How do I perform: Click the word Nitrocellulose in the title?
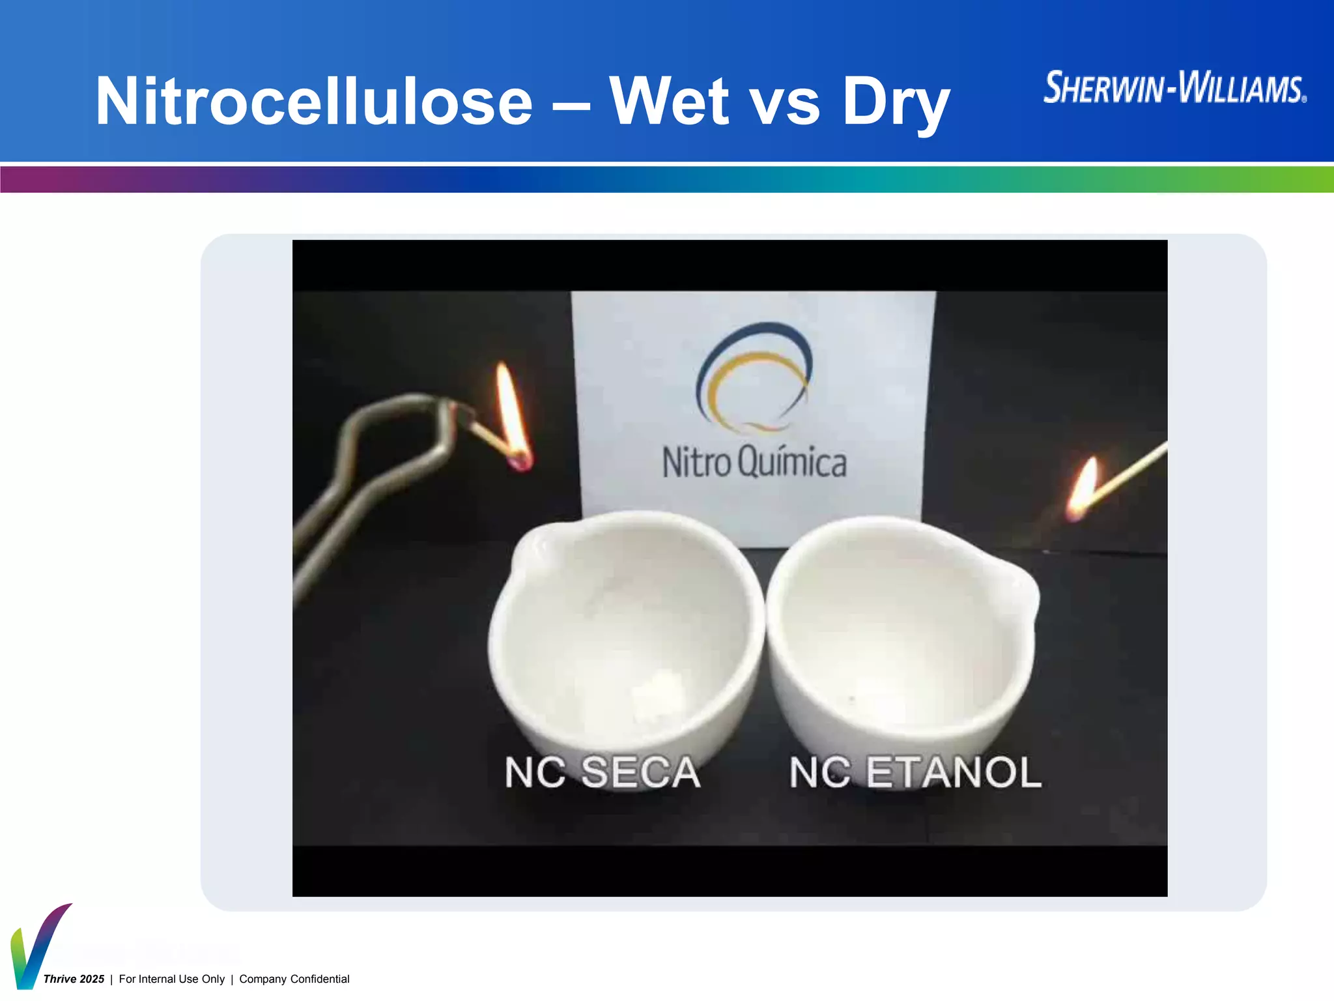pos(314,102)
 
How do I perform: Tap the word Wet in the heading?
pos(669,102)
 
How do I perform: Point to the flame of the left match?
pos(511,407)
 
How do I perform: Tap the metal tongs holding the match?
pos(365,469)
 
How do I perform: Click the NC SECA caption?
pos(603,773)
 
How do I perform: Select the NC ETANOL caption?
pos(915,773)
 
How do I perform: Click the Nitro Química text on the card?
pos(754,463)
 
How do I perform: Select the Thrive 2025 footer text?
pos(74,979)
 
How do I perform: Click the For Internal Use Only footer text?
pos(171,979)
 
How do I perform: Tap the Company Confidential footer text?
pos(294,979)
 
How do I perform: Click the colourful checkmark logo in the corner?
pos(36,948)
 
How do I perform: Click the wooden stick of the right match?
pos(1130,472)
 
